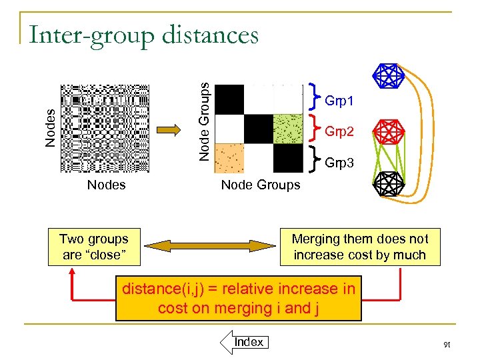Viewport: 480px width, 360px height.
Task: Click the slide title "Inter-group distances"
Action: click(143, 34)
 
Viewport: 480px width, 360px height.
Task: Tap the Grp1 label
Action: click(339, 101)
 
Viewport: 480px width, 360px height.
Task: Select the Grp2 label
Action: click(339, 131)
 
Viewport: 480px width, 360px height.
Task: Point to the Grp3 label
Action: click(339, 163)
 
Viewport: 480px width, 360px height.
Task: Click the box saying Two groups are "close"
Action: click(93, 247)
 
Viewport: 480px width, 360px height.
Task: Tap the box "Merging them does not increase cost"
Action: click(360, 247)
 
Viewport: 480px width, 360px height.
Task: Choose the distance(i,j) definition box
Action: click(239, 298)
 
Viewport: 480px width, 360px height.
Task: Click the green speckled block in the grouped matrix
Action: click(287, 129)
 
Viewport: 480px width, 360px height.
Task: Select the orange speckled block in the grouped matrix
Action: click(229, 158)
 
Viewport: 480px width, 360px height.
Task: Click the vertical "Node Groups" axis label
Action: click(207, 120)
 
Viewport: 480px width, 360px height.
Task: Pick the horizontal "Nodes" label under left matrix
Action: click(106, 185)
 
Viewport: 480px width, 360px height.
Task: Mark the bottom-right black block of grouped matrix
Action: click(287, 158)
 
